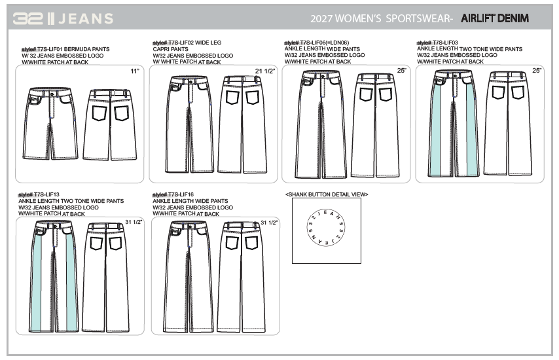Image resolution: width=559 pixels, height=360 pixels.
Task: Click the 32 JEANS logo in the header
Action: pos(63,18)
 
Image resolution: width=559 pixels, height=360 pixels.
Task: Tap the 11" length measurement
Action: pos(135,70)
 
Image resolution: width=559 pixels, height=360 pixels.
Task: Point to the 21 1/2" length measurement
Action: pos(263,70)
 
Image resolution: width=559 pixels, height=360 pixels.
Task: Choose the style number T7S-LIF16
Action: pos(181,194)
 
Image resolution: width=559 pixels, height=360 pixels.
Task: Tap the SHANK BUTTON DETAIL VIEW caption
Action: pos(327,194)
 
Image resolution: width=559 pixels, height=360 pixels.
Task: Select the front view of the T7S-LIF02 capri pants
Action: pos(187,124)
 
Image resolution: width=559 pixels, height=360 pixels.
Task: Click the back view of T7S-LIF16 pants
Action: pos(242,276)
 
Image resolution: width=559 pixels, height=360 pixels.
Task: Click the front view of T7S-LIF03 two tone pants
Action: pos(454,124)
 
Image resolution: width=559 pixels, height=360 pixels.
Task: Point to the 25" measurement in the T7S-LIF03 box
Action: pos(537,70)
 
